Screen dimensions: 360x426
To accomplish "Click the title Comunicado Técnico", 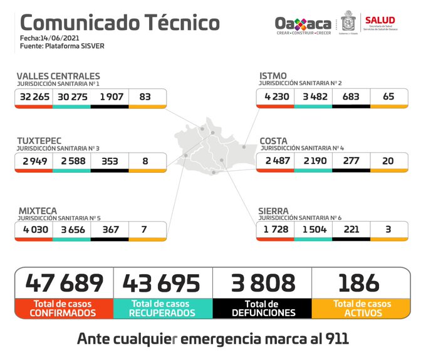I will pos(120,23).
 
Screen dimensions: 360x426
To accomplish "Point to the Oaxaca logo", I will pos(303,24).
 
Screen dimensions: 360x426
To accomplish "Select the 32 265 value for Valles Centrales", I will pos(34,97).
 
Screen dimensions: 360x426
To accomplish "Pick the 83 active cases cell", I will pos(146,97).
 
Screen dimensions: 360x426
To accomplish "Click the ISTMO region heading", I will pos(273,76).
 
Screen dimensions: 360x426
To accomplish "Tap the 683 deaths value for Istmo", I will pos(350,97).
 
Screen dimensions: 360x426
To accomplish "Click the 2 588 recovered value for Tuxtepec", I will pos(71,161).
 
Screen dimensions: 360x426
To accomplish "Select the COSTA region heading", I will pos(274,141).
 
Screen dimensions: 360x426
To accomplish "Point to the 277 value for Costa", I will pos(350,161).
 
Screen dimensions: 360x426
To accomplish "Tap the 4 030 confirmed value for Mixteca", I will pos(34,230).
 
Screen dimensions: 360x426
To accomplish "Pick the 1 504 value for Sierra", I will pos(313,230).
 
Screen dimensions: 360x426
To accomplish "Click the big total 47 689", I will pos(64,282).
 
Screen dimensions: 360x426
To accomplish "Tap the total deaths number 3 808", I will pos(262,282).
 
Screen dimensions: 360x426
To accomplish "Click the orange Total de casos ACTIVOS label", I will pos(361,308).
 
